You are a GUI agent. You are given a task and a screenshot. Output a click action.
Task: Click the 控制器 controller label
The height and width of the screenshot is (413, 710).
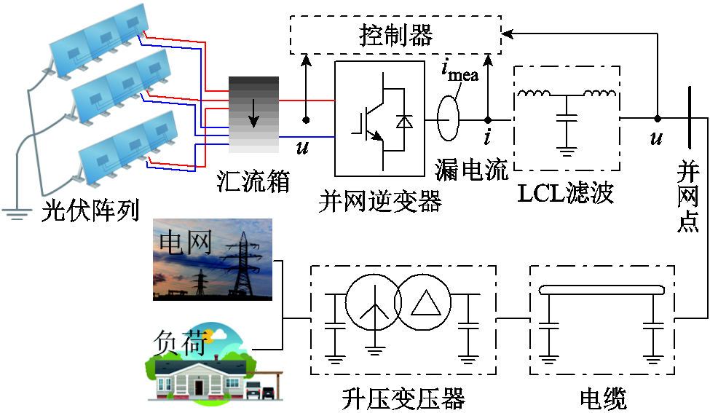pyautogui.click(x=395, y=34)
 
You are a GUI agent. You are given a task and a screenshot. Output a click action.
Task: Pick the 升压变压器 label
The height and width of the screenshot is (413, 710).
pyautogui.click(x=403, y=398)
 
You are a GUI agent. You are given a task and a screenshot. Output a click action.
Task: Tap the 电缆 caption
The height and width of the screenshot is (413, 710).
pyautogui.click(x=602, y=398)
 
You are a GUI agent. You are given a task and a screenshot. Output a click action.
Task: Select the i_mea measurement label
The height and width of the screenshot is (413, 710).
pyautogui.click(x=459, y=72)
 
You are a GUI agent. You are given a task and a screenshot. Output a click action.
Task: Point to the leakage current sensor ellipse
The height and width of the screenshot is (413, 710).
pyautogui.click(x=448, y=119)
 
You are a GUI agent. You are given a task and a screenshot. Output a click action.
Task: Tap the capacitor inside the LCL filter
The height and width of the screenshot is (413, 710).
pyautogui.click(x=567, y=117)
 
